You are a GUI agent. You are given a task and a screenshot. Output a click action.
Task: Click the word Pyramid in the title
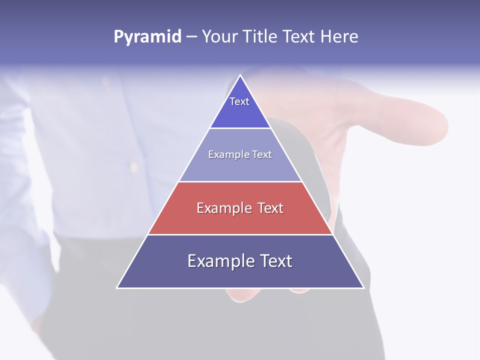pyautogui.click(x=147, y=37)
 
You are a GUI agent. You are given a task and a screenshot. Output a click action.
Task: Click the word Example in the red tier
pyautogui.click(x=223, y=208)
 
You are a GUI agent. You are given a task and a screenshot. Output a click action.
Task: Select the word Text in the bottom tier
pyautogui.click(x=274, y=261)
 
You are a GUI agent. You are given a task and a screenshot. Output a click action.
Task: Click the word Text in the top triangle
pyautogui.click(x=239, y=101)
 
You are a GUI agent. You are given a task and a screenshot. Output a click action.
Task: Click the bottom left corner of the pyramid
pyautogui.click(x=117, y=287)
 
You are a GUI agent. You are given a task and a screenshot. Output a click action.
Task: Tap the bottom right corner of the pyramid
pyautogui.click(x=363, y=287)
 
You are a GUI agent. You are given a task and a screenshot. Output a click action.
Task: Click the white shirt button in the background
pyautogui.click(x=133, y=164)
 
